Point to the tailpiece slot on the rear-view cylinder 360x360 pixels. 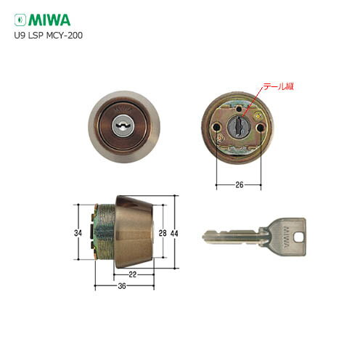(x=240, y=127)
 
